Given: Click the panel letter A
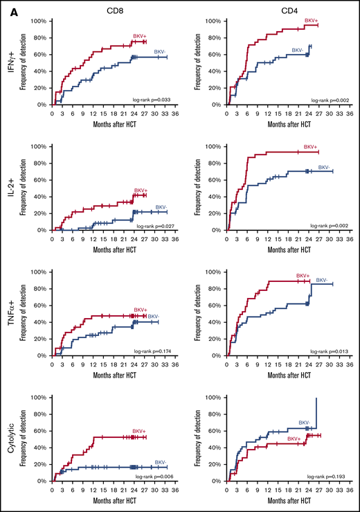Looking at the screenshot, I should coord(6,6).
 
